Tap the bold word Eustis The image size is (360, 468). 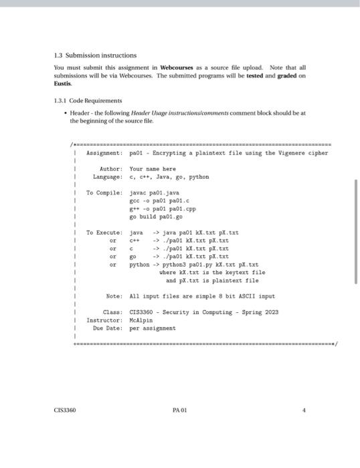pyautogui.click(x=63, y=84)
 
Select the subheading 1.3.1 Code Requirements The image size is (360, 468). pyautogui.click(x=84, y=100)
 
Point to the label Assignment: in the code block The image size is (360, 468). pyautogui.click(x=104, y=153)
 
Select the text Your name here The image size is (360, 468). pyautogui.click(x=152, y=169)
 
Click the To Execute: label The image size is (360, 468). pyautogui.click(x=104, y=233)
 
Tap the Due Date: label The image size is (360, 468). pyautogui.click(x=108, y=328)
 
